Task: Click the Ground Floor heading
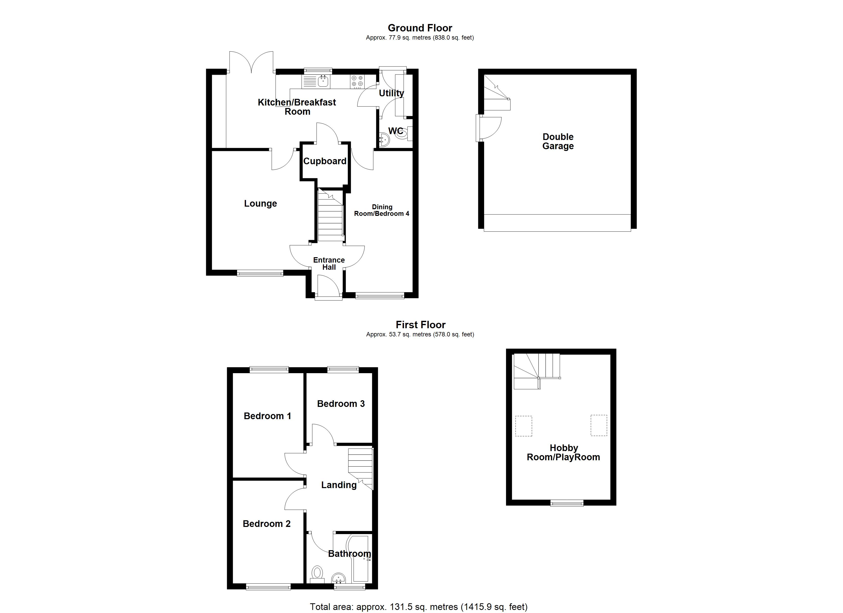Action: (420, 28)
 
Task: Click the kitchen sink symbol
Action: (323, 81)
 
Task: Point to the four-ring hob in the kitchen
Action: (357, 81)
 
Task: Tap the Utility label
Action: (391, 93)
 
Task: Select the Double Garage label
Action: (558, 141)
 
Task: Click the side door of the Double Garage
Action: (489, 128)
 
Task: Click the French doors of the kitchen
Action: (251, 63)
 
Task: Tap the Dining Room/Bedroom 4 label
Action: (381, 210)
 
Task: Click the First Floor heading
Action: (420, 325)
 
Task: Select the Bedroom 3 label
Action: (341, 404)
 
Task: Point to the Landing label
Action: (339, 485)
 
